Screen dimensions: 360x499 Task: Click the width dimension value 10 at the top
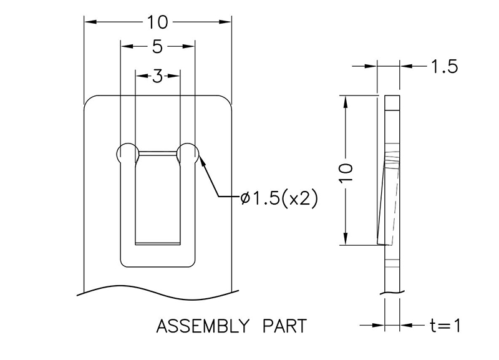[x=158, y=22]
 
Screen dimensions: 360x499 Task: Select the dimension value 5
[x=158, y=46]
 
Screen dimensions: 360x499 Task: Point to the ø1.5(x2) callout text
[x=279, y=198]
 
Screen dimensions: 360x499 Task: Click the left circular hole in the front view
[x=127, y=153]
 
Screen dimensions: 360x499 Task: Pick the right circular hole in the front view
[x=188, y=153]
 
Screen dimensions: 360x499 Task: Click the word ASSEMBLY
[x=198, y=326]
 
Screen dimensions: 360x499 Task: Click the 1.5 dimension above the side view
[x=444, y=66]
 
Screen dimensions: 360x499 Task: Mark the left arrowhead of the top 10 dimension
[x=89, y=22]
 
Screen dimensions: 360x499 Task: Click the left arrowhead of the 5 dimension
[x=125, y=46]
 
